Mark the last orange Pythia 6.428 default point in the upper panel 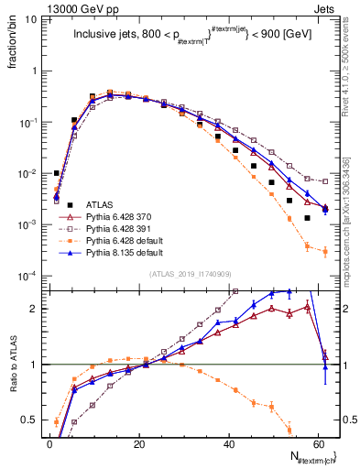pyautogui.click(x=325, y=252)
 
